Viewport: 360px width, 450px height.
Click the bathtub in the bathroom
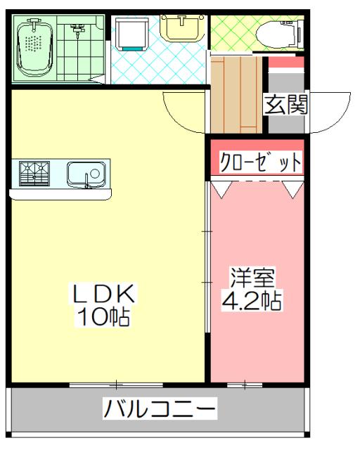pos(33,48)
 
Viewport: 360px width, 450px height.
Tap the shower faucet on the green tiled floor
pos(77,30)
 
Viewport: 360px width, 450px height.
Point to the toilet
pos(278,32)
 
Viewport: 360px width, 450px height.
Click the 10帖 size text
pos(103,316)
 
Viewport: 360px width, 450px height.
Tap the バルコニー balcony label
pos(160,408)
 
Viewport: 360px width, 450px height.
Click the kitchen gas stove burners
pos(34,173)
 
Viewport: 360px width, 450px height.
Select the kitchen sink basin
pos(86,174)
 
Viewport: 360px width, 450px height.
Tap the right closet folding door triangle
pos(292,188)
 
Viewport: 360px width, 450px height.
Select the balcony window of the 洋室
pos(245,384)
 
